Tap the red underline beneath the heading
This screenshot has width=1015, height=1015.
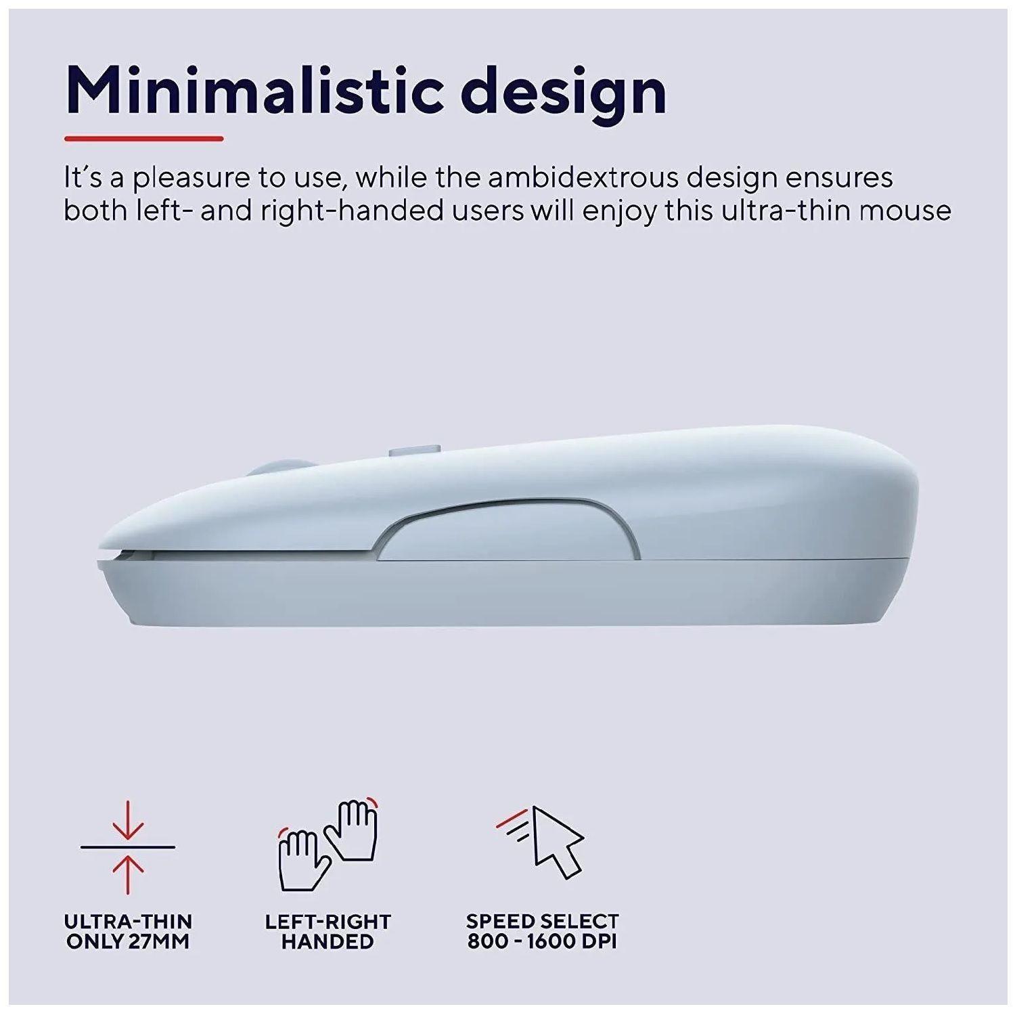point(143,139)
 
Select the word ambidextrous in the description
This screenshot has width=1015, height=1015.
point(583,177)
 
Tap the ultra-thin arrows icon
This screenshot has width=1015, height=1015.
point(128,847)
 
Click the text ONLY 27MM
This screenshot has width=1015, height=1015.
point(128,941)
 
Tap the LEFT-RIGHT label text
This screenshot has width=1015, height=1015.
point(328,922)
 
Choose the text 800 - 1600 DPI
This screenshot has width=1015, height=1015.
point(542,941)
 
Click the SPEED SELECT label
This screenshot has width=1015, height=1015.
point(542,922)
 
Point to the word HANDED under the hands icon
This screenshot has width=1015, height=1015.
point(328,941)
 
